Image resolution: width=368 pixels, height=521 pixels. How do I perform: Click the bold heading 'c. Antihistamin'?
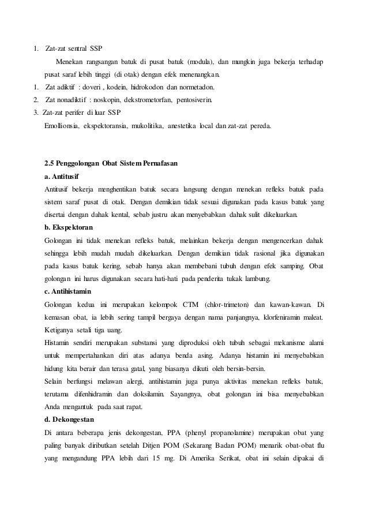70,290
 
